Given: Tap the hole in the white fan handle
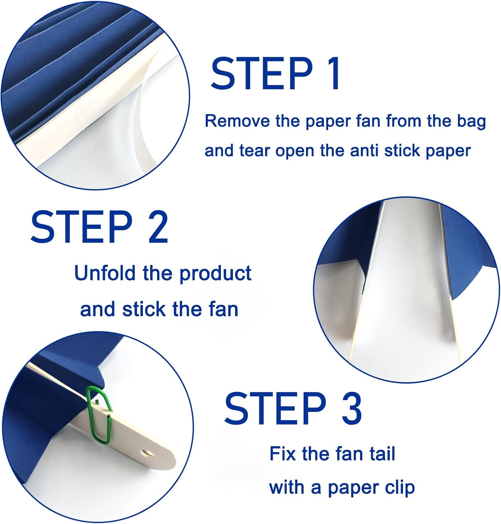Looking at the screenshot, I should pyautogui.click(x=147, y=454).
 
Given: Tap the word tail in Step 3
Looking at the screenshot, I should pyautogui.click(x=382, y=454).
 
